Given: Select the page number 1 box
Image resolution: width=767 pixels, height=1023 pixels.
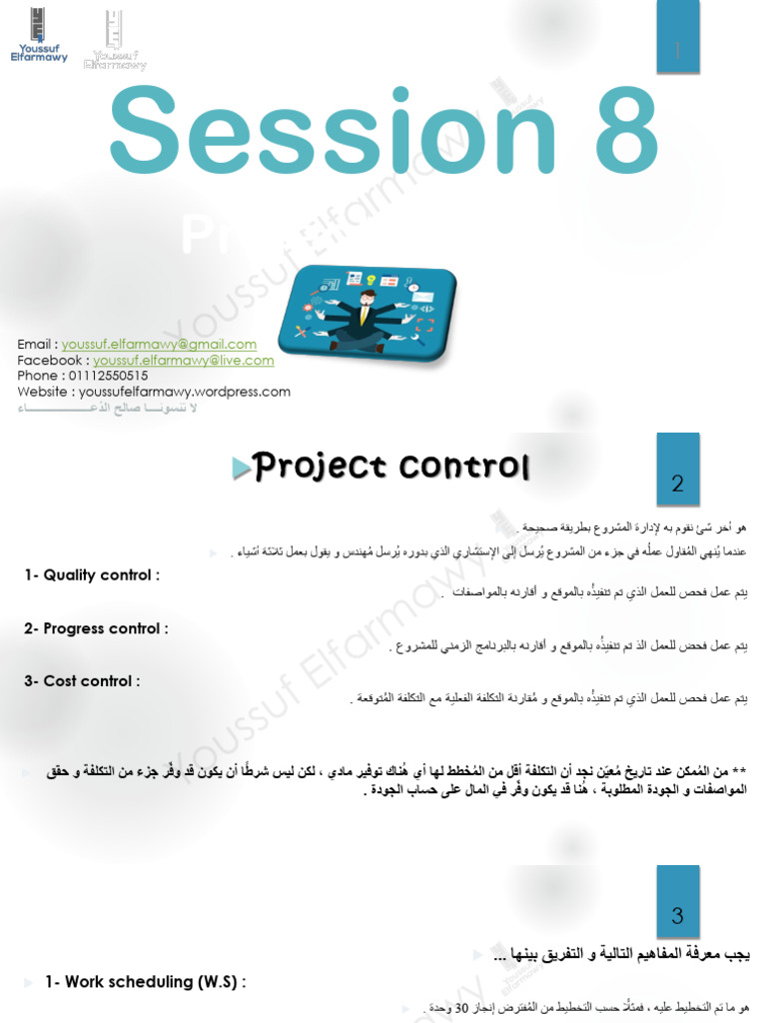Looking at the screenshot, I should click(x=678, y=51).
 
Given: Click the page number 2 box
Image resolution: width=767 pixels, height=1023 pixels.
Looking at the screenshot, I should click(x=678, y=484).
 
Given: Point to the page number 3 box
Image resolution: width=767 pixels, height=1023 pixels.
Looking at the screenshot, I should click(x=678, y=914).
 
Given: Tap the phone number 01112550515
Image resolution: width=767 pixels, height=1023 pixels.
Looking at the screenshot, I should click(x=108, y=376).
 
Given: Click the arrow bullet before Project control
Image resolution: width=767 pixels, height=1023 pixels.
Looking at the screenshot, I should click(x=240, y=469).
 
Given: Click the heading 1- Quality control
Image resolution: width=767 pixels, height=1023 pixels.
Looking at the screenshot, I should click(x=92, y=574).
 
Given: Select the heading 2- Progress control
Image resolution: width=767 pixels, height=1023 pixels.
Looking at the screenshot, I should click(x=96, y=628).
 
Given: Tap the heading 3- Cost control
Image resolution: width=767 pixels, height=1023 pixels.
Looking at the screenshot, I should click(x=82, y=681).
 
